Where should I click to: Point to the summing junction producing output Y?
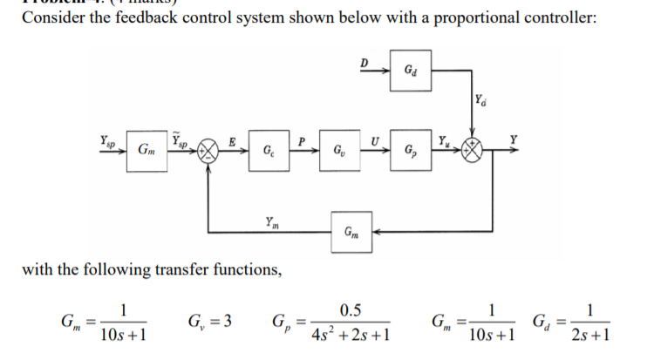pos(476,150)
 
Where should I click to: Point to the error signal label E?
pos(231,139)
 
